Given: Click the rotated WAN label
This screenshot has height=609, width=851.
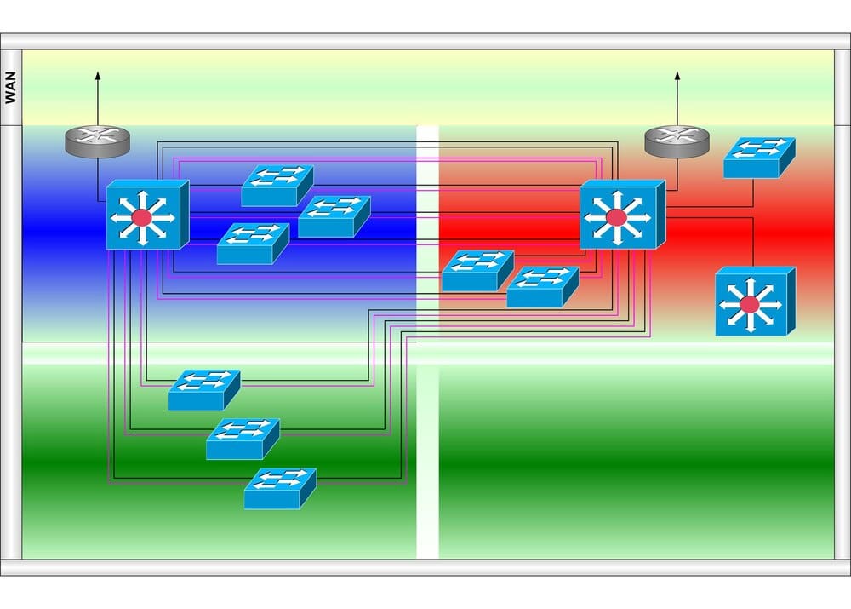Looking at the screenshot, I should (x=11, y=88).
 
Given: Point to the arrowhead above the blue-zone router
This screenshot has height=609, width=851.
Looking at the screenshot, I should (x=98, y=77).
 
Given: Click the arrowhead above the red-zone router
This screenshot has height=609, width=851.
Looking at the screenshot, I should (x=677, y=77).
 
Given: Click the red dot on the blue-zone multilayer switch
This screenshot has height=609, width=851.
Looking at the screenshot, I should (x=141, y=218).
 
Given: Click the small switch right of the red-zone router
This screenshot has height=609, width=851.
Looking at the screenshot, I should (x=758, y=158).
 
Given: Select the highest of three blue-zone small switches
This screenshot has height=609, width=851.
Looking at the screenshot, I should (x=277, y=186).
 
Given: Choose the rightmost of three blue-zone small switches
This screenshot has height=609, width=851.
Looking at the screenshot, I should (x=334, y=216).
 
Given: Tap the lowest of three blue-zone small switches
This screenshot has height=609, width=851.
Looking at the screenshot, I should (x=253, y=244).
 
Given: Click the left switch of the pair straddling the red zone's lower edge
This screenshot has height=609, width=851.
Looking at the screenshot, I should (x=477, y=271).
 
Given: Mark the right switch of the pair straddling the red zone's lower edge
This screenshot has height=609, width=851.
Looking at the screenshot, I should (x=542, y=287).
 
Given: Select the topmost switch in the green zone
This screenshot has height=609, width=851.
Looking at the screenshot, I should (x=203, y=390).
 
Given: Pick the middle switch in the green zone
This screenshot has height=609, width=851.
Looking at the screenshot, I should (x=242, y=439).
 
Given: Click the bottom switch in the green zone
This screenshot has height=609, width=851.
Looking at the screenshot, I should (x=280, y=488).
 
